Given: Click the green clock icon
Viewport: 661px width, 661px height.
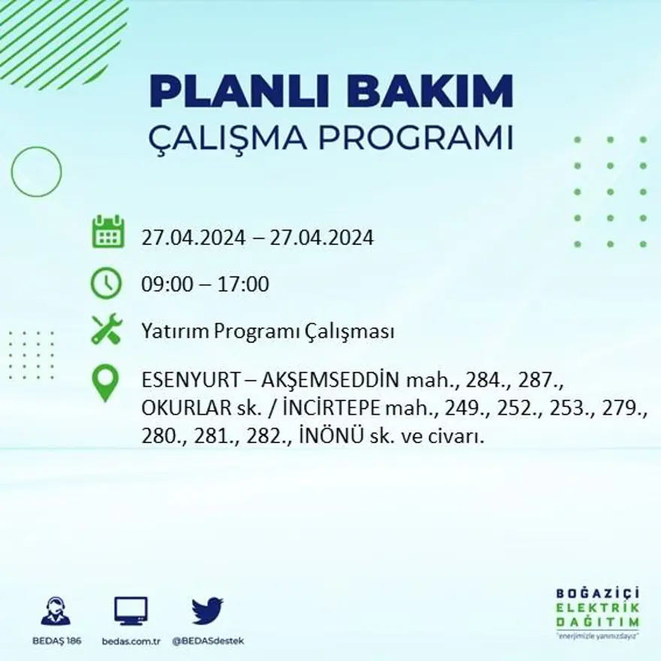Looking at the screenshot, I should click(x=106, y=283).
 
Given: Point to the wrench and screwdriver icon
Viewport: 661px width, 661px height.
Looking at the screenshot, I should click(x=106, y=330).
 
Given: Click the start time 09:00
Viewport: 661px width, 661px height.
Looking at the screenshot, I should click(x=164, y=285).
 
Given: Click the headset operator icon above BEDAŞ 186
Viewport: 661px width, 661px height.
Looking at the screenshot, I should click(x=56, y=611).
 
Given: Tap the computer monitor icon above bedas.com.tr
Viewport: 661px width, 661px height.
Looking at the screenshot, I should click(x=131, y=611).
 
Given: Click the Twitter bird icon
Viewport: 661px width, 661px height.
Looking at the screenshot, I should click(x=207, y=610).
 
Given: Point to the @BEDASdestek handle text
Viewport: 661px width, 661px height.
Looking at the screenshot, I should click(x=208, y=641).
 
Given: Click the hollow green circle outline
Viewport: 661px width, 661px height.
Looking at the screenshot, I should click(x=36, y=172).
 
